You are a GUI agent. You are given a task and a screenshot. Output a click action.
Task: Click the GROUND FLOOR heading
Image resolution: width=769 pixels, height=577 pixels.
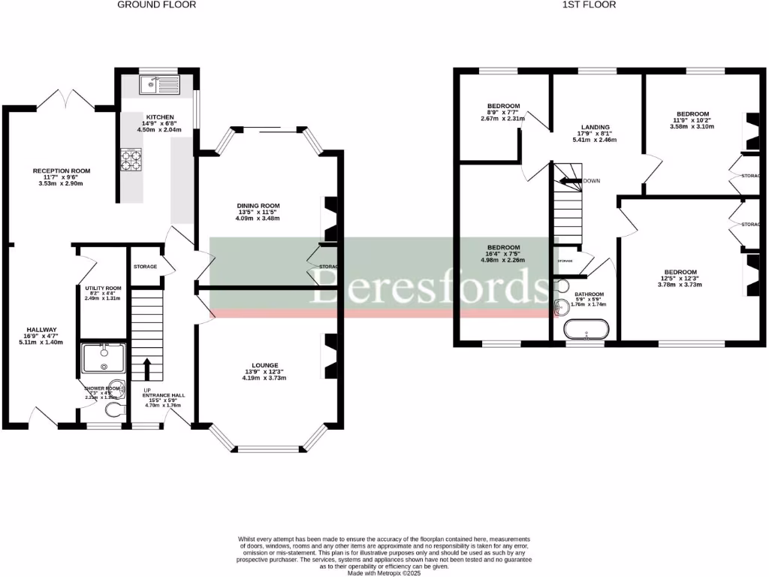pos(157,5)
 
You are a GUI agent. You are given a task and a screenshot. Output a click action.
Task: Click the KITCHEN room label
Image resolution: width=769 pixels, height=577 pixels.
pos(160,117)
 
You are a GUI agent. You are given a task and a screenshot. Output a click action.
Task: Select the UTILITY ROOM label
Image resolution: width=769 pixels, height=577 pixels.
pos(103,288)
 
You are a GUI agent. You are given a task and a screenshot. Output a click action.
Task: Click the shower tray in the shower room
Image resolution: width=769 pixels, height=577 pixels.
pos(103,358)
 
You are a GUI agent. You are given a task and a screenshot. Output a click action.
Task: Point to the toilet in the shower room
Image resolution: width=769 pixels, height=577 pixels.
pos(113,409)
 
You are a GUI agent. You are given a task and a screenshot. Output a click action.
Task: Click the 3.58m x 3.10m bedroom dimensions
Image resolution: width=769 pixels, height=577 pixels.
pos(691,126)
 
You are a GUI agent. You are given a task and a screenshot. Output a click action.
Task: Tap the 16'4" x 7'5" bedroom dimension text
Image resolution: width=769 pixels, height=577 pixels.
pos(503,254)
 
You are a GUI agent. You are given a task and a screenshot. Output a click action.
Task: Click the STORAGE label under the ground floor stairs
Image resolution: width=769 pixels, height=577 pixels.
pos(145,267)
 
